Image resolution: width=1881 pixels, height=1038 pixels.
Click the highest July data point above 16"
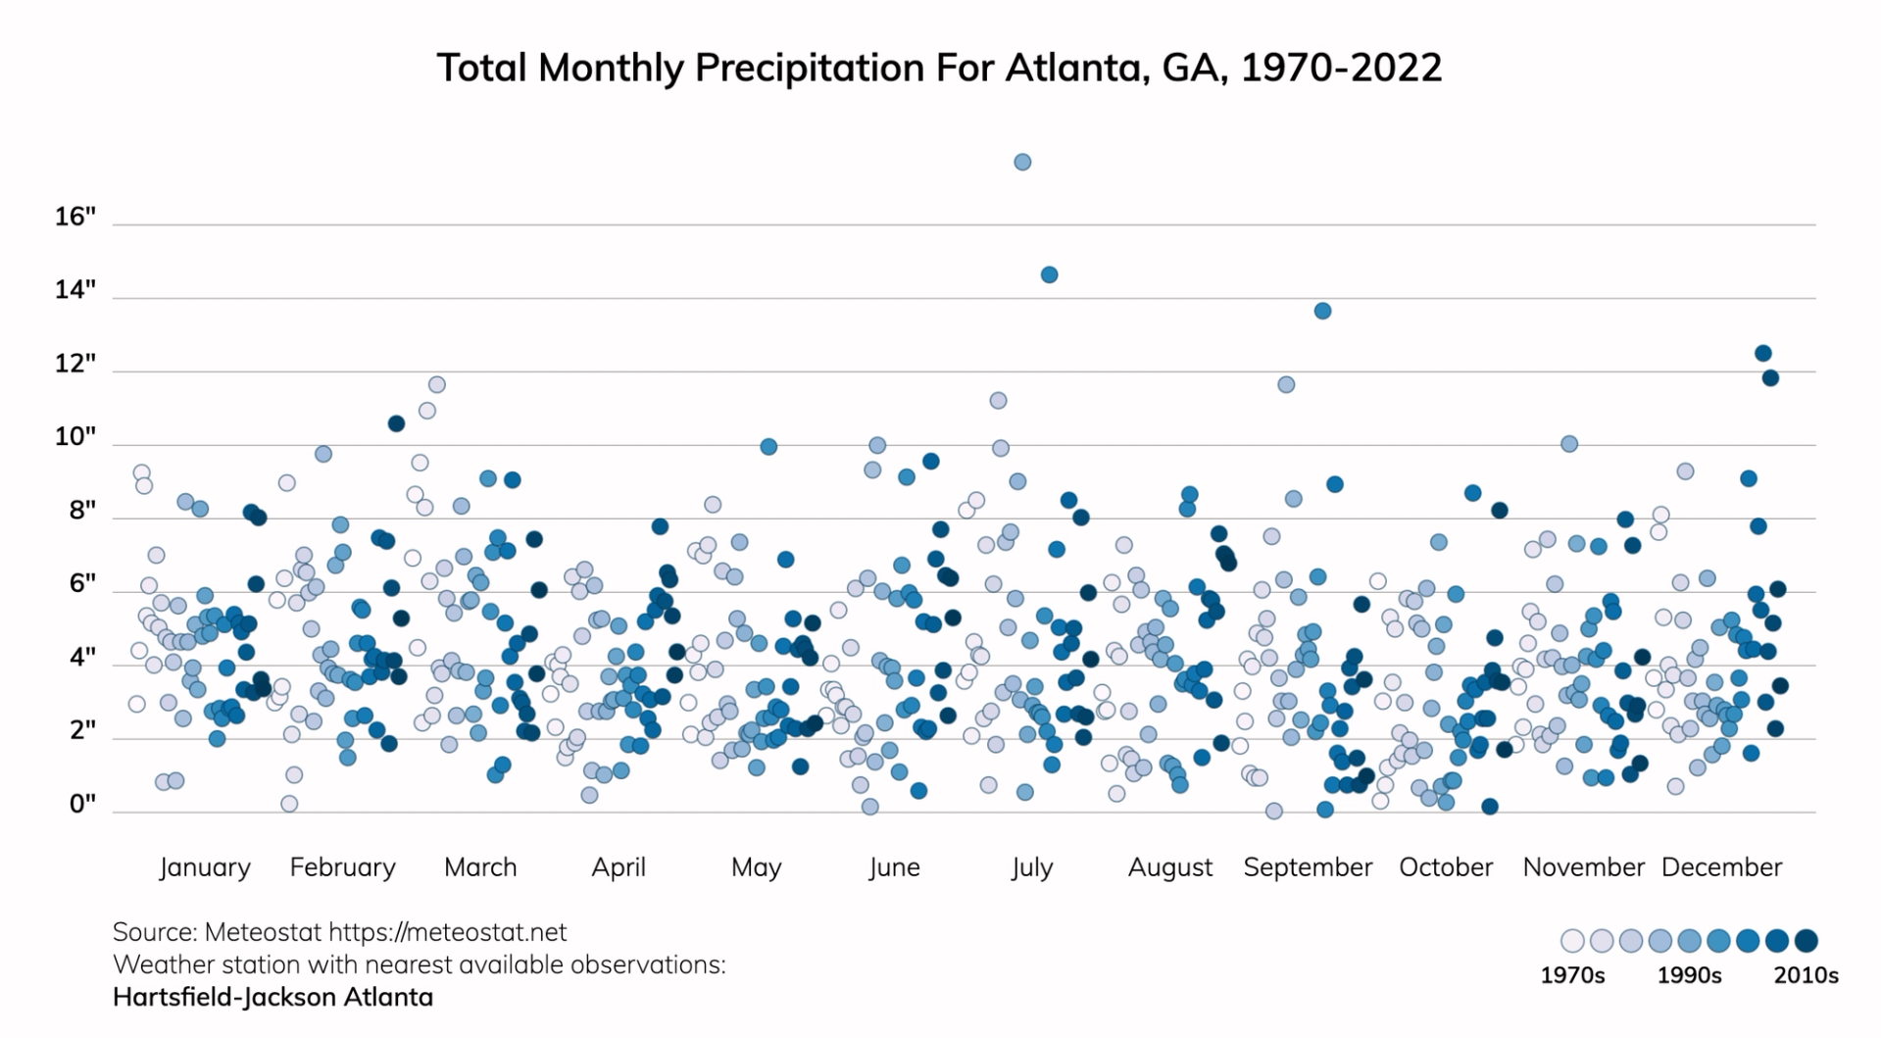click(1022, 162)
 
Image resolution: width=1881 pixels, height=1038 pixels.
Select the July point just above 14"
click(1049, 274)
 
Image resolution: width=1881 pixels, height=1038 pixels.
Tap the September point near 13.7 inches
click(1322, 311)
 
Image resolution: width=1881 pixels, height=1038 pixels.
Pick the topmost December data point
click(1762, 353)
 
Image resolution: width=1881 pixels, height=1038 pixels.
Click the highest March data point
click(437, 384)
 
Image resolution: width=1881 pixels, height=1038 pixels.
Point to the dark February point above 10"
click(396, 423)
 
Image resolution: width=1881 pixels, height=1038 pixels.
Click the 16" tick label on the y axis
click(75, 217)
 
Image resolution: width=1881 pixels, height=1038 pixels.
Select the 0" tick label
click(82, 805)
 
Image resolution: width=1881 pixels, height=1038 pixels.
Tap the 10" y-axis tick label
click(75, 437)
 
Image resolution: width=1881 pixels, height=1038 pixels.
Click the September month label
click(1308, 867)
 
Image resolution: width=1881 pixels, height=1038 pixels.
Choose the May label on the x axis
click(756, 867)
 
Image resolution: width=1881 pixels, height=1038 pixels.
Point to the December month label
click(1721, 867)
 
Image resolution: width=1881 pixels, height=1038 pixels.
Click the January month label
click(205, 867)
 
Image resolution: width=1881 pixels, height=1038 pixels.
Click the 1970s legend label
click(1572, 975)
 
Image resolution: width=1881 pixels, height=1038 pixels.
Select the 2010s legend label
click(1806, 975)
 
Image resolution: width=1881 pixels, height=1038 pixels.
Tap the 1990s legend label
click(1689, 975)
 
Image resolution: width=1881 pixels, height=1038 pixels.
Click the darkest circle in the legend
click(1806, 941)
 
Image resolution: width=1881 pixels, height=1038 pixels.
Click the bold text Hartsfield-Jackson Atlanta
click(272, 997)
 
